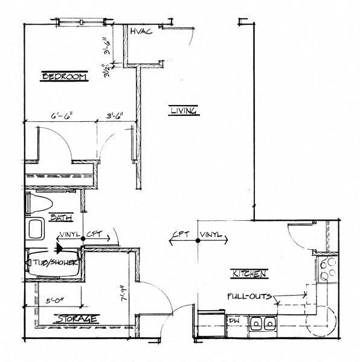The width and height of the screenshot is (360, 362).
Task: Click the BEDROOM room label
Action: pos(65,77)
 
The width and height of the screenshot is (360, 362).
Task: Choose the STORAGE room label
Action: pos(77,318)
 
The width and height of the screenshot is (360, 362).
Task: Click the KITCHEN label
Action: pos(248,274)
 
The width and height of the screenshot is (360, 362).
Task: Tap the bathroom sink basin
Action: pos(36,229)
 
